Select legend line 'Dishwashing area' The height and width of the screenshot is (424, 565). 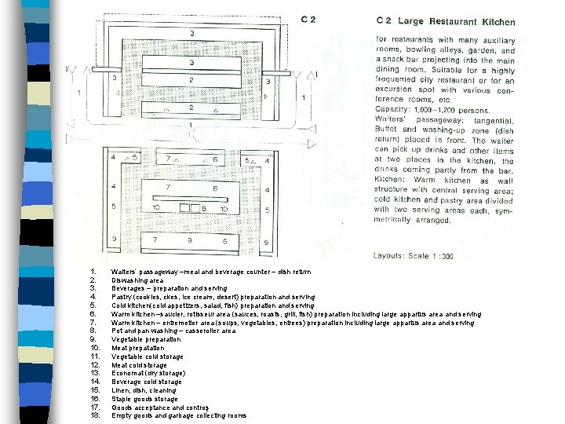point(138,280)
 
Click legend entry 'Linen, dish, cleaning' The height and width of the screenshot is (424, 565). point(144,390)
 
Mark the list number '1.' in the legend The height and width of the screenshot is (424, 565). point(94,271)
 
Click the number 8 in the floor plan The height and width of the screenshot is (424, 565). point(204,209)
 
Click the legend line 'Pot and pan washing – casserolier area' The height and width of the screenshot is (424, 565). point(173,331)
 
